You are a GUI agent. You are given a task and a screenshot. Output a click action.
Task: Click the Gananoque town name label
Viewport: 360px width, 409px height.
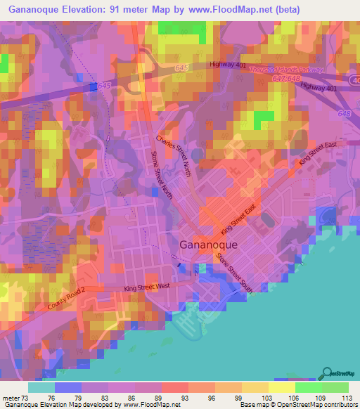tap(209, 245)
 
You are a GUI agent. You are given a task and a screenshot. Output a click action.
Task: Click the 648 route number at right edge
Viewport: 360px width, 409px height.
tap(343, 112)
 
